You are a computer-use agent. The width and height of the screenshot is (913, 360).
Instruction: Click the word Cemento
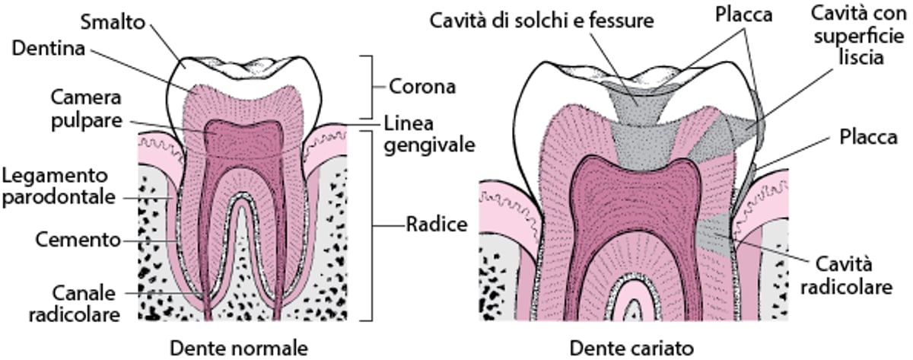pyautogui.click(x=78, y=240)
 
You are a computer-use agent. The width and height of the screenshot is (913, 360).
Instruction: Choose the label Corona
pyautogui.click(x=422, y=86)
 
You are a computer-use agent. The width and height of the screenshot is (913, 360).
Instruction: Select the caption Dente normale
pyautogui.click(x=238, y=347)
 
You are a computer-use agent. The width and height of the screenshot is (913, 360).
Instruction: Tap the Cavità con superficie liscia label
pyautogui.click(x=858, y=36)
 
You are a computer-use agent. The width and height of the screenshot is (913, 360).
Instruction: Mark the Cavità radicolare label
pyautogui.click(x=855, y=276)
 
